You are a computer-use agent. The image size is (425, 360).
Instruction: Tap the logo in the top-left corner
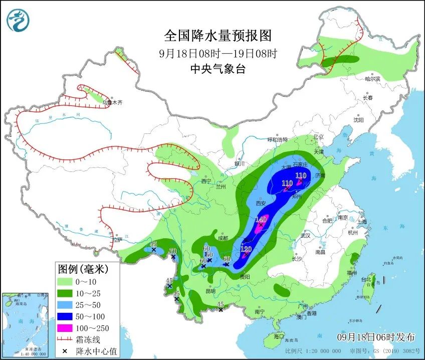[x=19, y=21]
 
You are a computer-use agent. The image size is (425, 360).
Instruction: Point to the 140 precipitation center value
[x=261, y=220]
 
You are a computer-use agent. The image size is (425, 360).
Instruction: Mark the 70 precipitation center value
[x=173, y=252]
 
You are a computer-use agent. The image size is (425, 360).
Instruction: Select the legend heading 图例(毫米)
[x=83, y=269]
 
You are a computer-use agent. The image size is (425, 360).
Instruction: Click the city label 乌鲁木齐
[x=112, y=102]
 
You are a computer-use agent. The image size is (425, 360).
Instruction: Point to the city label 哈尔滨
[x=372, y=79]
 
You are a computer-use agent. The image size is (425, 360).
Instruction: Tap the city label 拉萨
[x=117, y=240]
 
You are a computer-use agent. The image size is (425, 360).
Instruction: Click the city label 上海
[x=361, y=222]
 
